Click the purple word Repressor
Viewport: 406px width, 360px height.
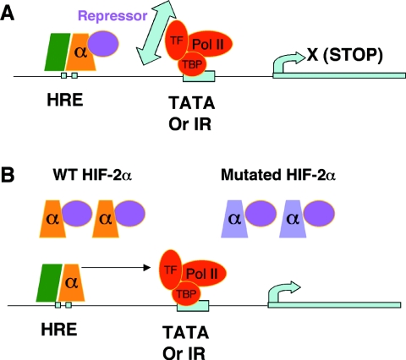[x=112, y=16]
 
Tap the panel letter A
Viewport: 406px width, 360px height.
[x=7, y=14]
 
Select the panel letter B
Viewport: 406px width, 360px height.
[x=8, y=175]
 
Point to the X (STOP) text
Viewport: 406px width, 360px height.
[x=345, y=55]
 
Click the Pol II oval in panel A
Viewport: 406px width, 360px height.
[x=209, y=44]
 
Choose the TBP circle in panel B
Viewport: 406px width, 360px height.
[x=186, y=294]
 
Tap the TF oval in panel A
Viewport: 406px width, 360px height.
[x=177, y=41]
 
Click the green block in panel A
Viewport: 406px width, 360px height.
[x=58, y=52]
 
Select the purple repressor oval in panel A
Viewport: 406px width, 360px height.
[x=103, y=44]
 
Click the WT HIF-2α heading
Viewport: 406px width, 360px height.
[x=92, y=175]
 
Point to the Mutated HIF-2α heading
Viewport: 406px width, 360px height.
[x=278, y=175]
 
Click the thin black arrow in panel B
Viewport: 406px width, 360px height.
[x=116, y=268]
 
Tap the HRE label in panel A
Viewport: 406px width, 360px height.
[x=65, y=100]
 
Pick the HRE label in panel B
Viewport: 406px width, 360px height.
[x=59, y=330]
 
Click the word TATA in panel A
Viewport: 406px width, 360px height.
[x=192, y=103]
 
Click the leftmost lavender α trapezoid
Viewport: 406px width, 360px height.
[x=234, y=219]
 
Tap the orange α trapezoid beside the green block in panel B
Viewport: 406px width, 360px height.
[x=72, y=282]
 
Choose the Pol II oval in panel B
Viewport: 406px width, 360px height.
[x=203, y=273]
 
